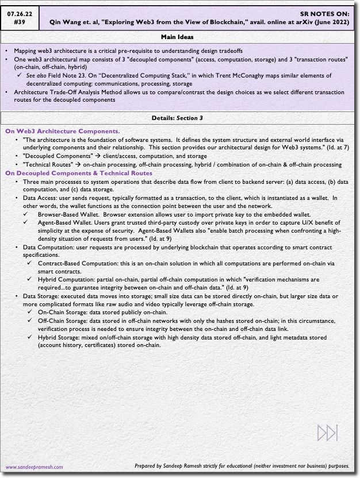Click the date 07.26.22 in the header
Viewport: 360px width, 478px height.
[x=20, y=13]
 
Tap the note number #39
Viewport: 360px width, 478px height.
[x=20, y=22]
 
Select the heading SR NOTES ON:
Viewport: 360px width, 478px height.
[x=324, y=13]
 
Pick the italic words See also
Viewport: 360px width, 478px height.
[x=37, y=75]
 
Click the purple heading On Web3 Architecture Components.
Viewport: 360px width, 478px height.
[x=63, y=132]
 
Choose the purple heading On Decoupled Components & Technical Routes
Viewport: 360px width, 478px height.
[x=79, y=173]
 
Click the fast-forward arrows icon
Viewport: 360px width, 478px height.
[x=328, y=433]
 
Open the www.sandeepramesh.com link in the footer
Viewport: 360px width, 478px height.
[x=35, y=467]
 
